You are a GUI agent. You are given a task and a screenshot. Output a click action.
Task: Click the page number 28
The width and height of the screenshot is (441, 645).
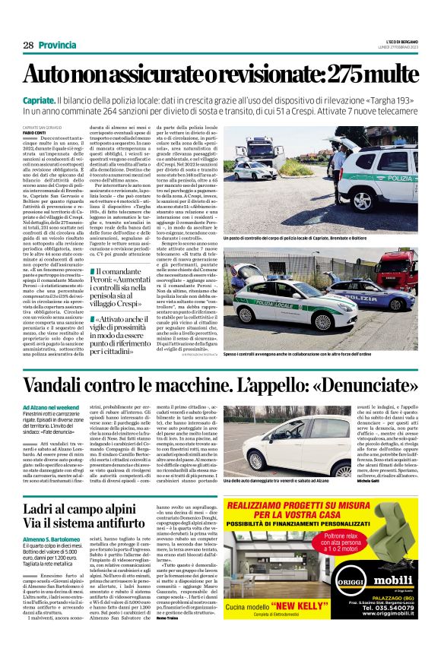pos(28,46)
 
